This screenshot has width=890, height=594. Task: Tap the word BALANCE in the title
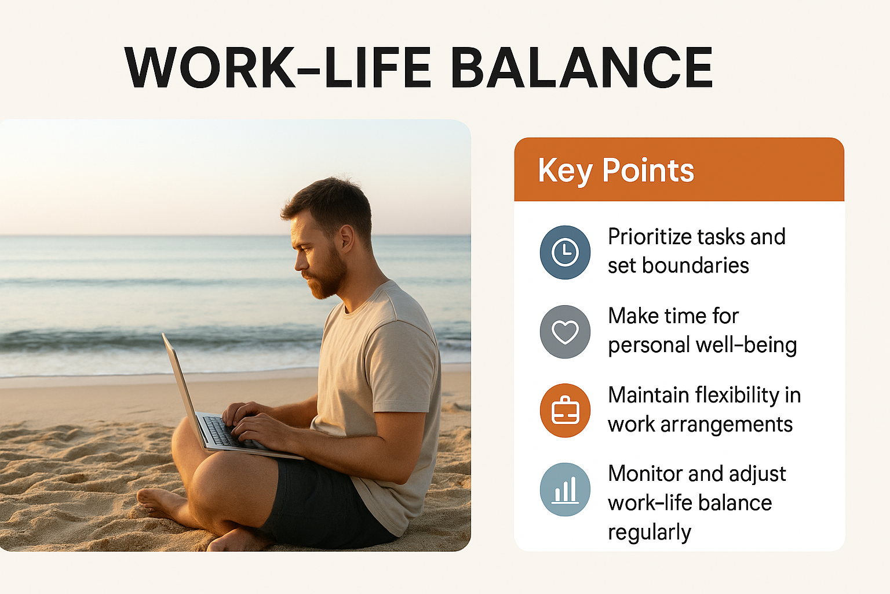(x=582, y=67)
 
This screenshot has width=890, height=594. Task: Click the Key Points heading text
(x=616, y=171)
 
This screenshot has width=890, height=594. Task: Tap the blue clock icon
(x=565, y=252)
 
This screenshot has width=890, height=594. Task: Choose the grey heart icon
(x=565, y=331)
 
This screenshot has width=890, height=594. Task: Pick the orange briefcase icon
(x=565, y=410)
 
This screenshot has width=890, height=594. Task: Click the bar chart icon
(x=565, y=490)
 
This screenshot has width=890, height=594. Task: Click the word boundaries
(x=695, y=265)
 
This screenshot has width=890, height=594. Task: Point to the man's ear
(x=347, y=240)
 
